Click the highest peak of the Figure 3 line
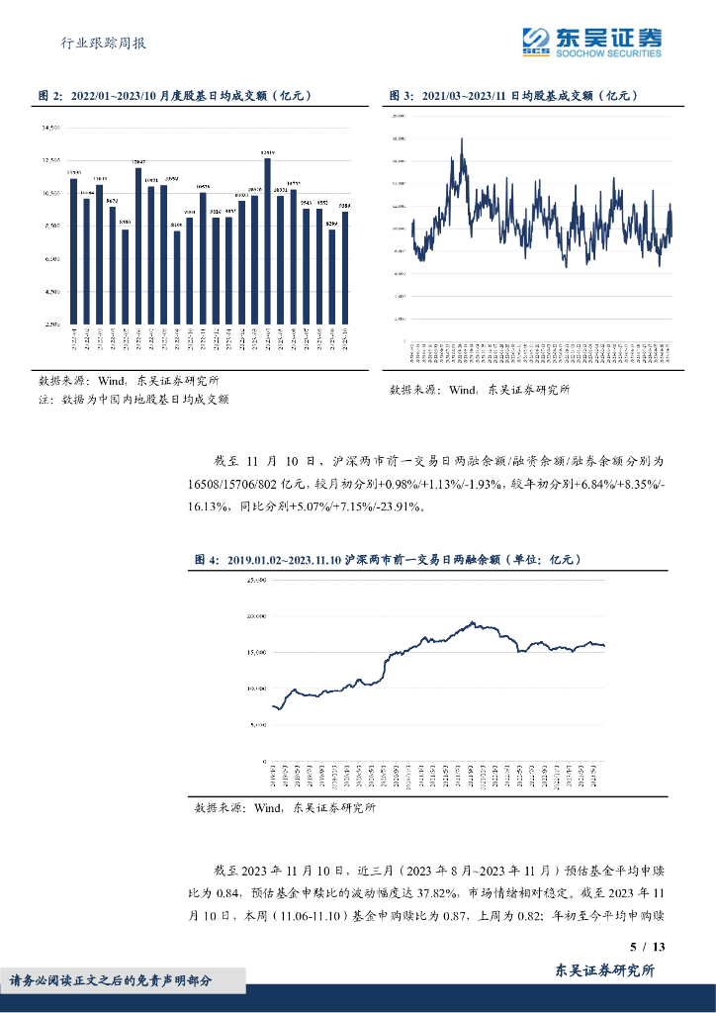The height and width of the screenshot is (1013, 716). pos(462,139)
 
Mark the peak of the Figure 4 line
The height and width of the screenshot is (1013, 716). pos(473,622)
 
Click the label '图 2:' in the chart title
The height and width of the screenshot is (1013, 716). pos(50,96)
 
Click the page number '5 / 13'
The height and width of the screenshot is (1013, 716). pos(648,947)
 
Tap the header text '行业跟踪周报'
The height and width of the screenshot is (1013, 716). pos(104,44)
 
